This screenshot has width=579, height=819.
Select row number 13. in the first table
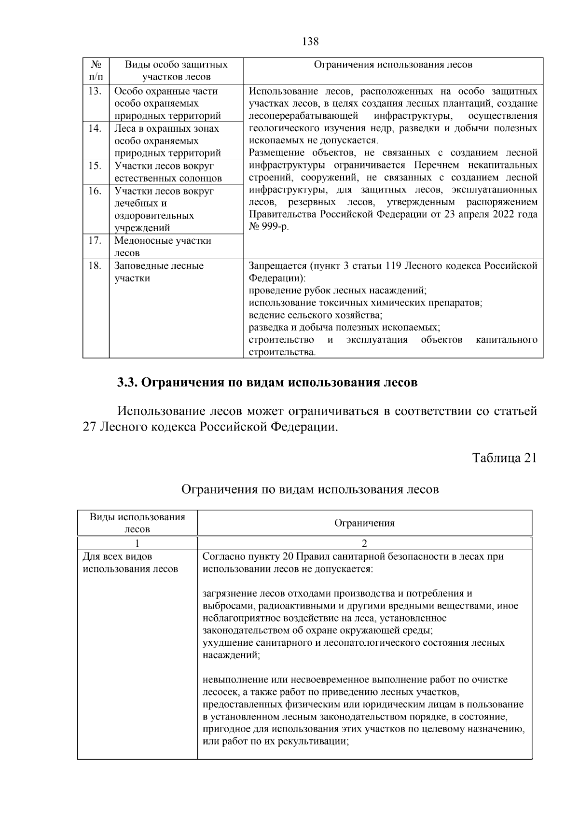click(x=95, y=91)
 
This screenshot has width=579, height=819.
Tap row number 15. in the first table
click(x=95, y=166)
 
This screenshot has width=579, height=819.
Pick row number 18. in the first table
click(x=95, y=266)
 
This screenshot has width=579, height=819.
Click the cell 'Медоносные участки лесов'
click(x=163, y=247)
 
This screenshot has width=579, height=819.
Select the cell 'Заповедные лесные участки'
click(x=159, y=272)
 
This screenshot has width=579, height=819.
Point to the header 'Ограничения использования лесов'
click(x=393, y=65)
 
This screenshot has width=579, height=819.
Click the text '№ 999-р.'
click(x=269, y=227)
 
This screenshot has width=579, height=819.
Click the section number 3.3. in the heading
click(x=128, y=383)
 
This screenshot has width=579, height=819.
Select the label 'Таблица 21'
click(x=504, y=458)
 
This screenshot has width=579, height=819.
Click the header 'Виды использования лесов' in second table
click(x=138, y=523)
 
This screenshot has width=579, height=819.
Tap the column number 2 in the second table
click(x=364, y=543)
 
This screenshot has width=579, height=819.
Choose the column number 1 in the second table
click(x=138, y=543)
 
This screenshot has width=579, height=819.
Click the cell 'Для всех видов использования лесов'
click(x=130, y=563)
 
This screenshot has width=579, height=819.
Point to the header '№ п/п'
click(x=96, y=70)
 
